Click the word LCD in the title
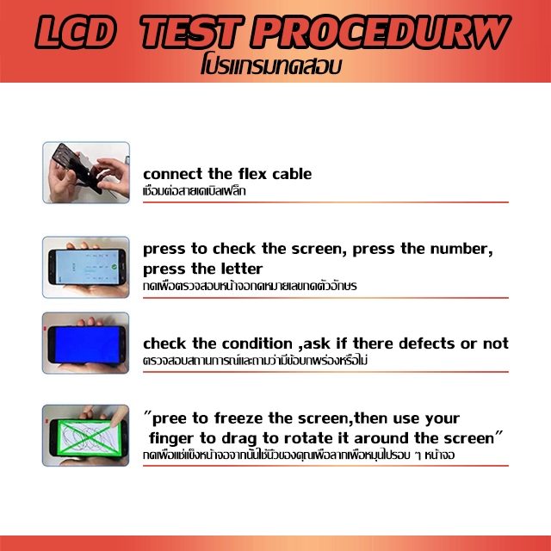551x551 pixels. [76, 32]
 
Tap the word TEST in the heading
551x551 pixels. [191, 32]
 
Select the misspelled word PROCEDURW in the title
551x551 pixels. [381, 32]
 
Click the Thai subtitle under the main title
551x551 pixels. [271, 65]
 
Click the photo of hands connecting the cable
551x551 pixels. [86, 172]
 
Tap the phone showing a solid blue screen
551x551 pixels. [86, 343]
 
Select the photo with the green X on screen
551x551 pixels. [86, 436]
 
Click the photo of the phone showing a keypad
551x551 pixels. [86, 267]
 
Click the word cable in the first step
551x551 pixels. [292, 174]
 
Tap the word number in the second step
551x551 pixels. [461, 249]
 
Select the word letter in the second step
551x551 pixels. [242, 269]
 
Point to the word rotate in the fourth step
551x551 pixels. [305, 438]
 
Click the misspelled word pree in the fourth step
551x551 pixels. [170, 419]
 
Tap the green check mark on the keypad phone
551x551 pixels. [115, 267]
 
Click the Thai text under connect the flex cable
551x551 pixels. [195, 191]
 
